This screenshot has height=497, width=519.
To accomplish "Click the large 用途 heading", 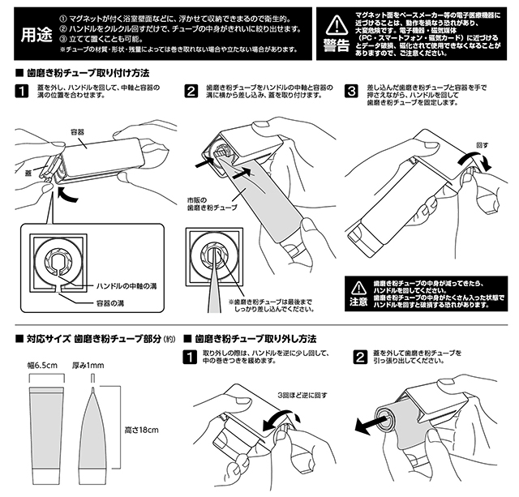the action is coord(36,34).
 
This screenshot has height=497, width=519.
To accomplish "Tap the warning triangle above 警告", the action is coord(337,25).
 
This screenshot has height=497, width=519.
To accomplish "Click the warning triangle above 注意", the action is coord(358,289).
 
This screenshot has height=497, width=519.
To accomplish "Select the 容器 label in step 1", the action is coord(78,132).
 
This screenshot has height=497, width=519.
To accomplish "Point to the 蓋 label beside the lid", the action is coord(29,173).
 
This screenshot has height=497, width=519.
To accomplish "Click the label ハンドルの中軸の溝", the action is coord(127,286).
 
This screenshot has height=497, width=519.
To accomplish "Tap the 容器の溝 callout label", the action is coord(110,303).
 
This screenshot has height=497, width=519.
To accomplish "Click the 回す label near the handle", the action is coord(482,145).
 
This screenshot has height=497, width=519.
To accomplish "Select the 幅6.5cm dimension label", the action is coord(42,366).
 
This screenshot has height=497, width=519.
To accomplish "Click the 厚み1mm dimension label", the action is coord(88,366).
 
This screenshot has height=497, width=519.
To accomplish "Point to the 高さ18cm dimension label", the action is coord(141,431).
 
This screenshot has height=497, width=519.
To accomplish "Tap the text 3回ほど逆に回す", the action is coord(302,395).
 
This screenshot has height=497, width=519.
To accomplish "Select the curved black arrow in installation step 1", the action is coord(66,195).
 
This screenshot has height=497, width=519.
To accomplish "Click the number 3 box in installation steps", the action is coord(351,91).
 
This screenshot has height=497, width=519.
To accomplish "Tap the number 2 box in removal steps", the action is coord(360,357).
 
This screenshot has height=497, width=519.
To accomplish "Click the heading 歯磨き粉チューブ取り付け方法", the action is coord(88,73).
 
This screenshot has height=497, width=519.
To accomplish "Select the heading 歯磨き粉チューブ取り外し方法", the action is coord(255,339).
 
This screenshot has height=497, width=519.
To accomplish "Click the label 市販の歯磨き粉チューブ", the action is coord(212,204).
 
